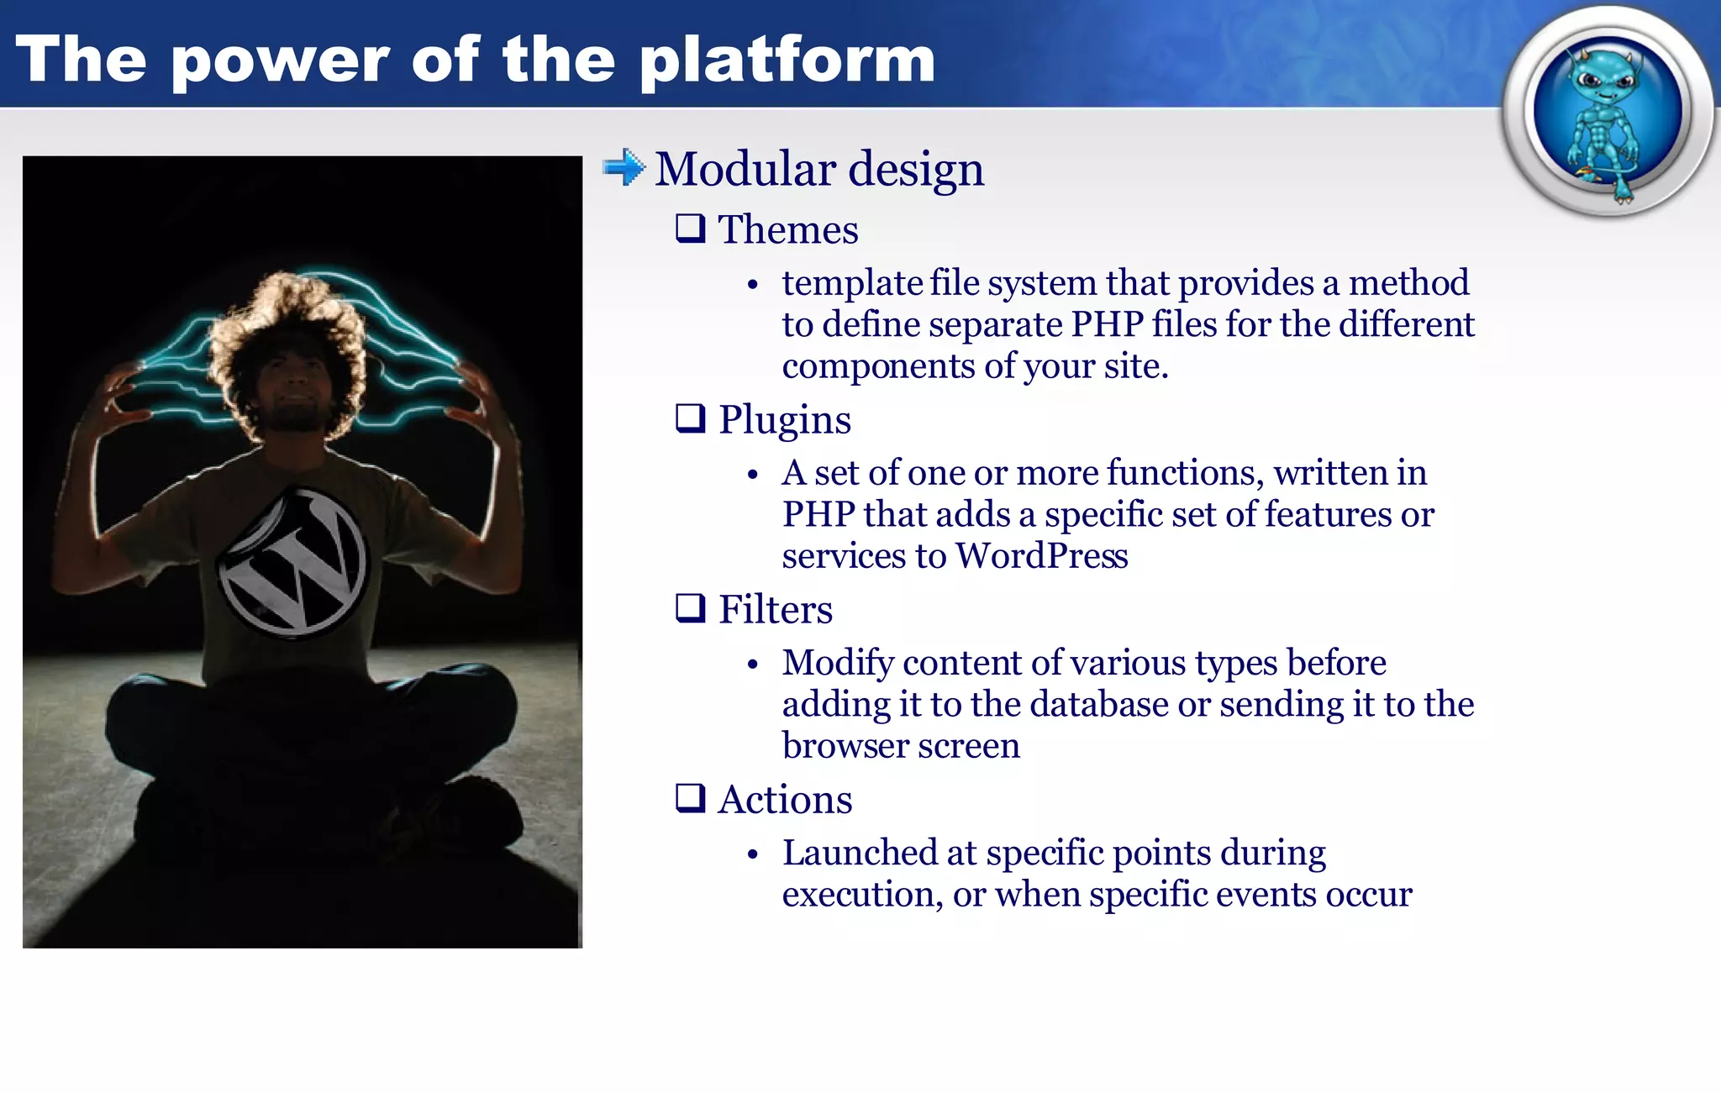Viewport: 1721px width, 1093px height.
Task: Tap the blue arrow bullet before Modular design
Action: coord(624,167)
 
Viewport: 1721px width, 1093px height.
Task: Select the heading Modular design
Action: coord(818,169)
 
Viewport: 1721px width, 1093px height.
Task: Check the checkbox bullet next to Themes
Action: coord(690,229)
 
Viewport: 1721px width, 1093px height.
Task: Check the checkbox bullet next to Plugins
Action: coord(690,418)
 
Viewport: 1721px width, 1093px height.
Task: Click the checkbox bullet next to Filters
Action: coord(690,608)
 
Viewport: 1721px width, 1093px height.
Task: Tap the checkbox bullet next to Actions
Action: coord(690,798)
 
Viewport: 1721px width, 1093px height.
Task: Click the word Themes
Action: coord(787,229)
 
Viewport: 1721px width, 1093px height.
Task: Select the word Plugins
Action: coord(784,419)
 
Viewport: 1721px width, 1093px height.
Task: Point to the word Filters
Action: coord(775,609)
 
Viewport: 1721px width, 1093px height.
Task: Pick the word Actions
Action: coord(784,799)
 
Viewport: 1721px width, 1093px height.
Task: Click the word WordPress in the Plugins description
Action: coord(1041,556)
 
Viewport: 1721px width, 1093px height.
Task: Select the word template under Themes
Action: coord(851,283)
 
